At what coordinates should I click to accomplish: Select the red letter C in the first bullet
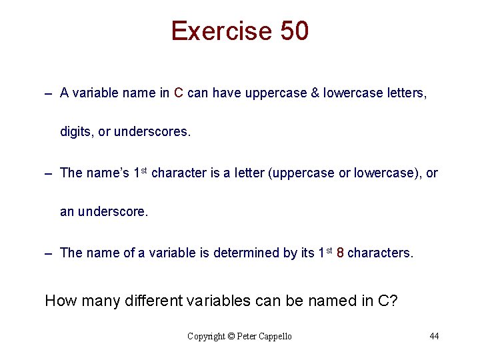[179, 93]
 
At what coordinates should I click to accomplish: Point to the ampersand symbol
[314, 93]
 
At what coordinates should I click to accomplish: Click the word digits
[77, 132]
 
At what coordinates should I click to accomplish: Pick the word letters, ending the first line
[407, 93]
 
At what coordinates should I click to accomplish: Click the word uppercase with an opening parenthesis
[303, 173]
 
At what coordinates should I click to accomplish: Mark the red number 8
[340, 253]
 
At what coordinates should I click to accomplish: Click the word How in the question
[61, 301]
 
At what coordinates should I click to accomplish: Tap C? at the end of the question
[387, 301]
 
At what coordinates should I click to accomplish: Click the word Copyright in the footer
[207, 336]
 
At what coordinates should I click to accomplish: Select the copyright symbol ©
[232, 336]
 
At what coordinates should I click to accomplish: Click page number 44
[434, 336]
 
